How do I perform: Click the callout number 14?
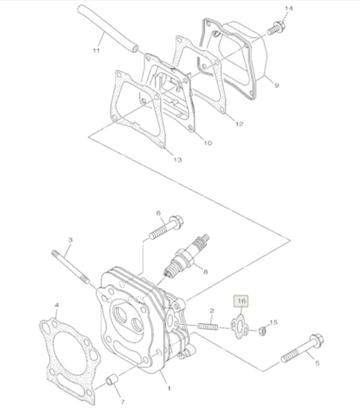[x=289, y=8]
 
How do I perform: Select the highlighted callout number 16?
[x=241, y=301]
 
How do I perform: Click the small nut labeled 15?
[x=262, y=330]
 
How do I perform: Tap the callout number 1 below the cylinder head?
[x=169, y=389]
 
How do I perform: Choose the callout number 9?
[x=276, y=85]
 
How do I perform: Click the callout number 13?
[x=177, y=160]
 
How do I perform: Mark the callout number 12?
[x=239, y=124]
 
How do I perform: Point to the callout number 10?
[x=207, y=143]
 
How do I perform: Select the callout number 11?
[x=96, y=51]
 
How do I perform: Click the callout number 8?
[x=205, y=271]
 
